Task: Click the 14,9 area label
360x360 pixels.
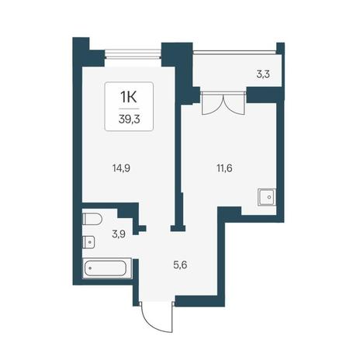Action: coord(121,168)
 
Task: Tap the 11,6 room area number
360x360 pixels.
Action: coord(224,168)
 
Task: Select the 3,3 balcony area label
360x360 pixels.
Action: coord(263,74)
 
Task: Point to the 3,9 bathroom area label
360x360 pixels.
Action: coord(119,234)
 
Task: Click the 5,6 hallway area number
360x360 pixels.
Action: coord(180,265)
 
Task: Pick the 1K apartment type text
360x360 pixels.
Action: coord(129,97)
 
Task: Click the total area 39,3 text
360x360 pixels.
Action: coord(130,119)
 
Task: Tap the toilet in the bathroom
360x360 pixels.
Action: coord(92,220)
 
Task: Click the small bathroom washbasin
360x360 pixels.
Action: coord(88,242)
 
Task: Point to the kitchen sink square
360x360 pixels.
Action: coord(267,197)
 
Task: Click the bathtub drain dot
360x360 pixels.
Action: coord(90,268)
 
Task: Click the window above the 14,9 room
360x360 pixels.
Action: coord(133,54)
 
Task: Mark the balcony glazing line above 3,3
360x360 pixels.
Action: coord(234,52)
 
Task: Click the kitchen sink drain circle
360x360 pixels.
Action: coord(269,197)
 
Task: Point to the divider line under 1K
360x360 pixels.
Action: coord(129,109)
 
